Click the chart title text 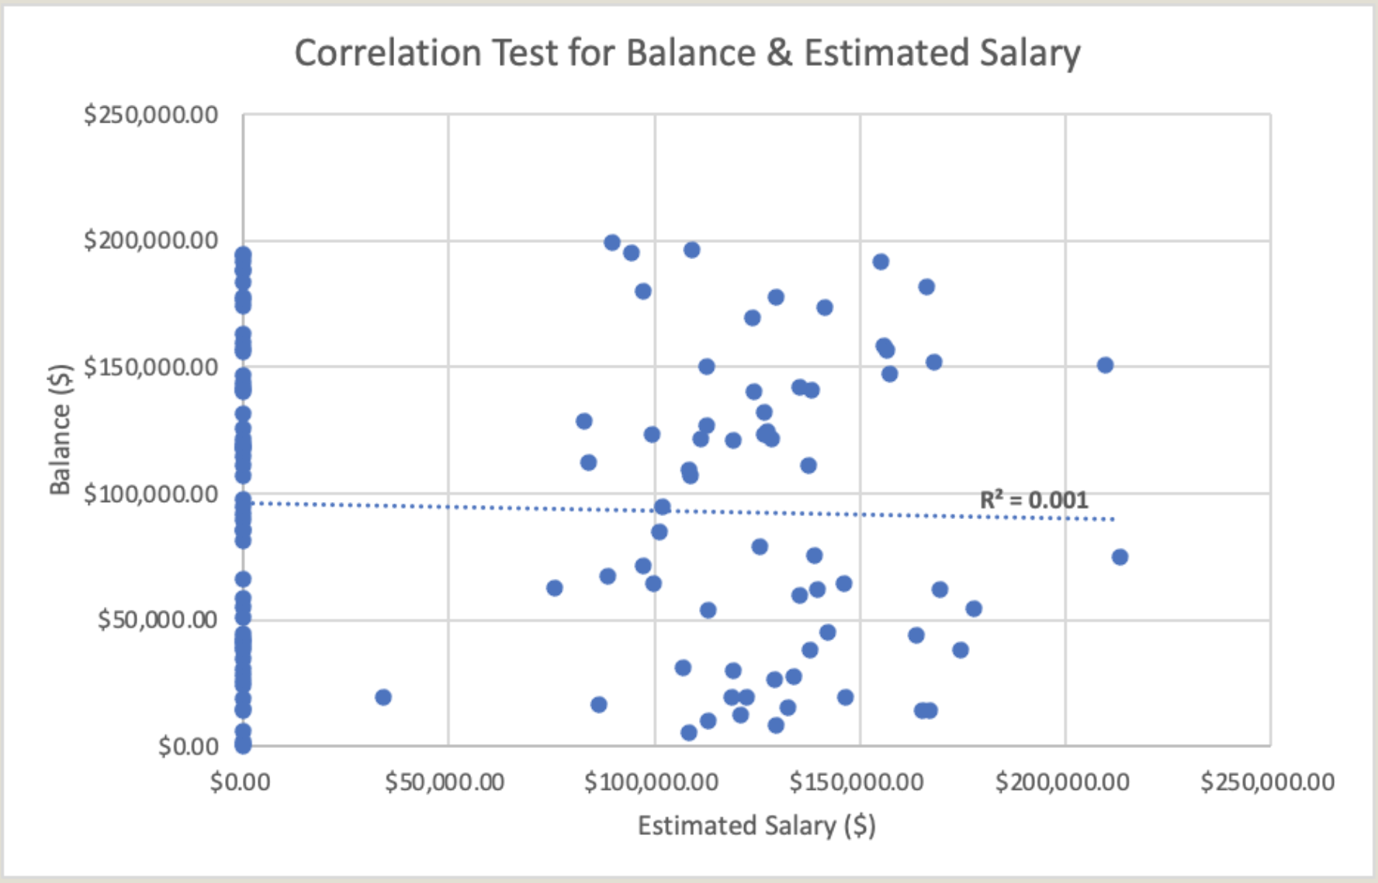click(687, 54)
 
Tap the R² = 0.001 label click(1033, 500)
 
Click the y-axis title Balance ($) click(60, 429)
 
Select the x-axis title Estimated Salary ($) click(756, 825)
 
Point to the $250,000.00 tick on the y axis click(151, 115)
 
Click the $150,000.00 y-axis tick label click(151, 367)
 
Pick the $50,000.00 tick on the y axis click(157, 619)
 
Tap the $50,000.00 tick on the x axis click(445, 781)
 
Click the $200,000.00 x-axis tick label click(1062, 781)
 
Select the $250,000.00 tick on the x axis click(1267, 781)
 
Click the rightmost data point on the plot click(1119, 556)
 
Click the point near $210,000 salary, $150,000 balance click(1105, 365)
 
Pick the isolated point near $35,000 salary click(383, 697)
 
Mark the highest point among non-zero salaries click(611, 242)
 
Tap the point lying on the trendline click(662, 507)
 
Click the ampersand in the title click(779, 54)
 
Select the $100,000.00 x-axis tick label click(651, 781)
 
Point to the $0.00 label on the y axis click(188, 746)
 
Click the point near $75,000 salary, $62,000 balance click(554, 587)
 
